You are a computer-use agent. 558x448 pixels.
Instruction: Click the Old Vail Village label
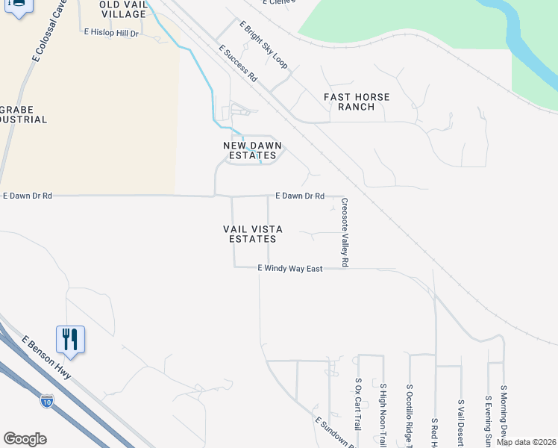(123, 9)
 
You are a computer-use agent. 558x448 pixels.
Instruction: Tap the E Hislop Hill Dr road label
(112, 33)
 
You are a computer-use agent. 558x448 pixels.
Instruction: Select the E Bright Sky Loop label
(263, 45)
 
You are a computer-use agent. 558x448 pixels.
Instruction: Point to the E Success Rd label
(238, 63)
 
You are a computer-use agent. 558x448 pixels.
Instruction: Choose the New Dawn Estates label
(254, 150)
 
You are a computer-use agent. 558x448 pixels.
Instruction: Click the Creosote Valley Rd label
(345, 232)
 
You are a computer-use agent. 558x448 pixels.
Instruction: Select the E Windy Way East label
(289, 268)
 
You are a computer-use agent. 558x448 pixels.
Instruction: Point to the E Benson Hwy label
(46, 358)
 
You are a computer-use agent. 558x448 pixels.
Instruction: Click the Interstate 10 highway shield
(47, 401)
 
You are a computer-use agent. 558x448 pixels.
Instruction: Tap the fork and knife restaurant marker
(70, 339)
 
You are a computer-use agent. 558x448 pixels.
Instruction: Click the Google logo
(25, 439)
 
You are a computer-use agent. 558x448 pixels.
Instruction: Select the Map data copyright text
(527, 442)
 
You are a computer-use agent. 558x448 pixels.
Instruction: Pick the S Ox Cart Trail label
(358, 404)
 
